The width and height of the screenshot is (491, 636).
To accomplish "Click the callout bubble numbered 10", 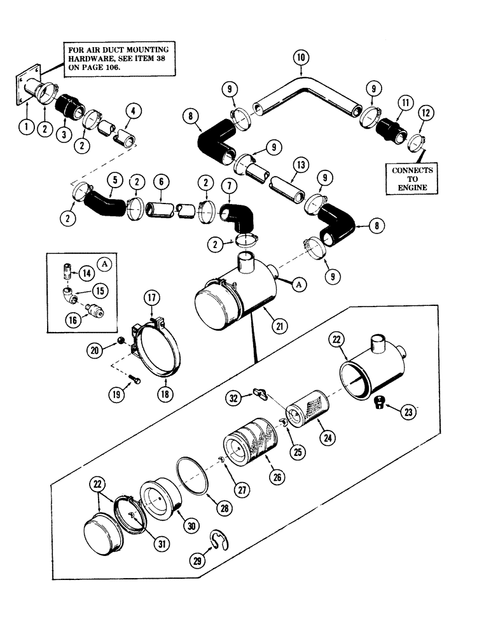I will tap(302, 59).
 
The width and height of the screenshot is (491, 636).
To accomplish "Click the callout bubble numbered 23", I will tap(408, 412).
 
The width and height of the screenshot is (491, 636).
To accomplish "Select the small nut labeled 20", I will tap(121, 342).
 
